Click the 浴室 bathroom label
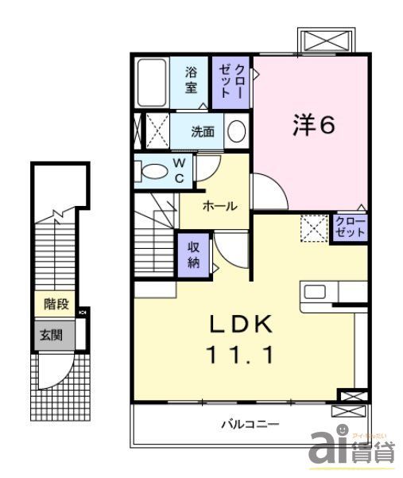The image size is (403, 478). coord(192,80)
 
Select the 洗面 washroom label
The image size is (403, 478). coord(203,132)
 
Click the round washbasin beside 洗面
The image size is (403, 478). coord(235,131)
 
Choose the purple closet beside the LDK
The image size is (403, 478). coord(350,227)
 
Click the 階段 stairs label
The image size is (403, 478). coord(55,303)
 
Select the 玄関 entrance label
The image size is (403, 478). coord(52,335)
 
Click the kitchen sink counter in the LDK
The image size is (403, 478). coord(333,291)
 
